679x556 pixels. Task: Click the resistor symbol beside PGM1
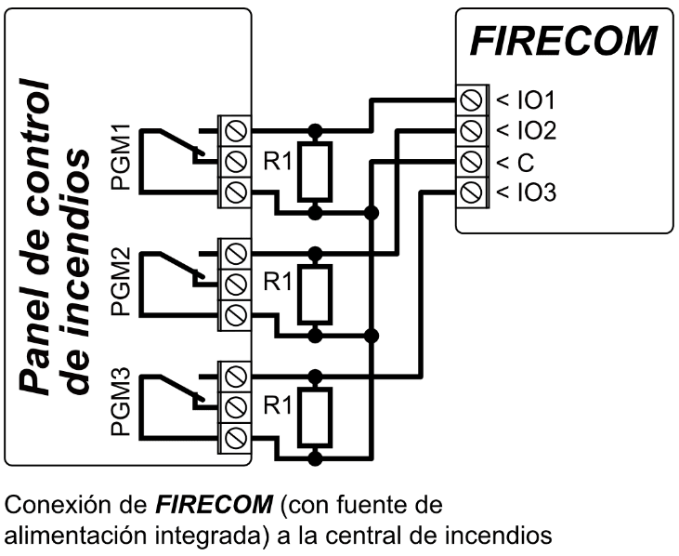(x=316, y=171)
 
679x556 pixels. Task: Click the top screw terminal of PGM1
(x=235, y=128)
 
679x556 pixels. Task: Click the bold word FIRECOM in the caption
(x=213, y=507)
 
